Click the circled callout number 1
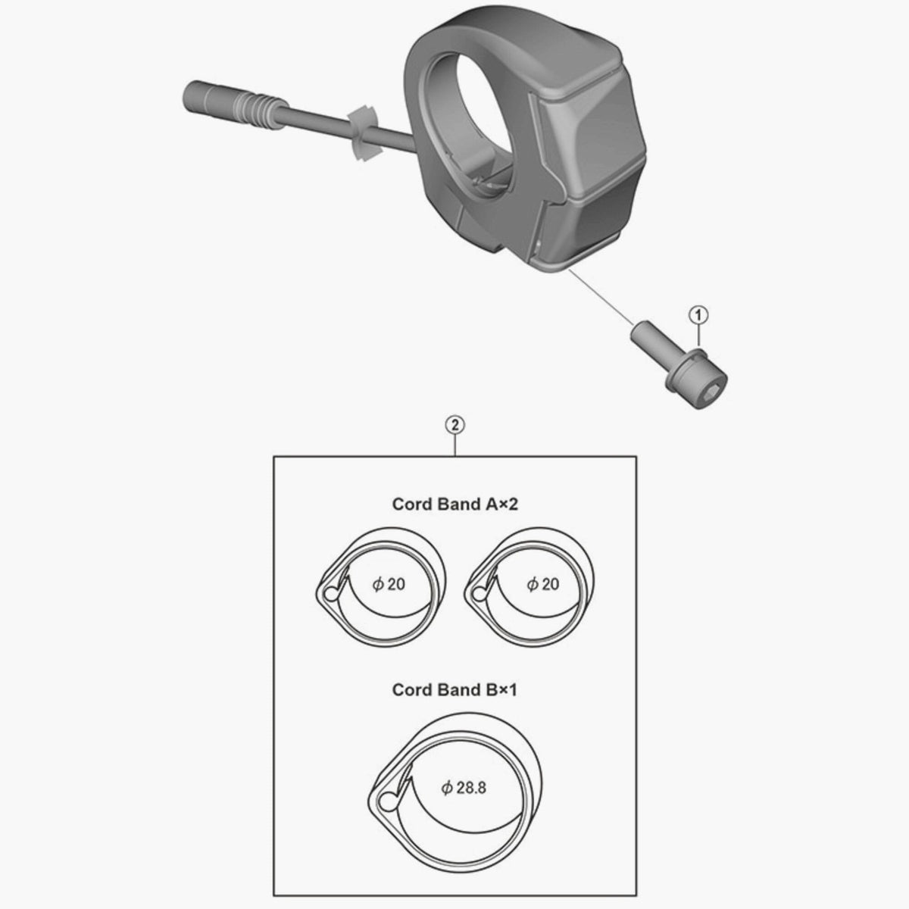[x=698, y=313]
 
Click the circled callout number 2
[x=454, y=425]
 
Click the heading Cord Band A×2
[x=454, y=504]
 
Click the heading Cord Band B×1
[x=454, y=690]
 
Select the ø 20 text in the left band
[x=389, y=584]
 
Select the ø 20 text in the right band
[x=542, y=584]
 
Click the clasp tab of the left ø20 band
[x=328, y=592]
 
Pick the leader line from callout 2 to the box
[x=454, y=445]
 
